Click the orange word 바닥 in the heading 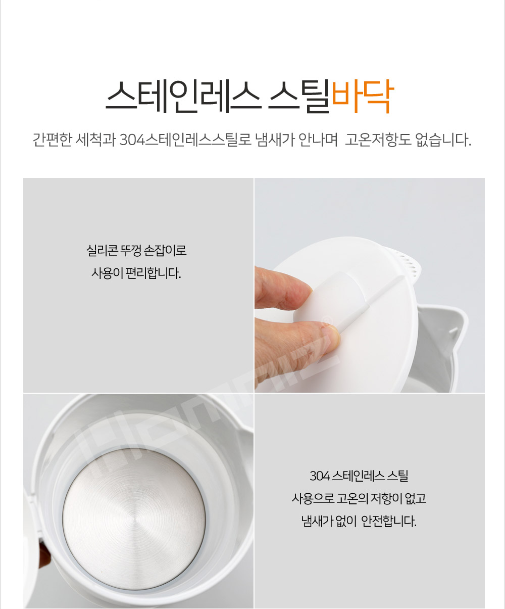363,96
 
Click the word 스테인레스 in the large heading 183,96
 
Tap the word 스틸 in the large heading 298,96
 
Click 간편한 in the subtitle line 53,140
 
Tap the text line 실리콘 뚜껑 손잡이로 136,250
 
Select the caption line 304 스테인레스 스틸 359,476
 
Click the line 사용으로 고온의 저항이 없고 359,498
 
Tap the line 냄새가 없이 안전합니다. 359,521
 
